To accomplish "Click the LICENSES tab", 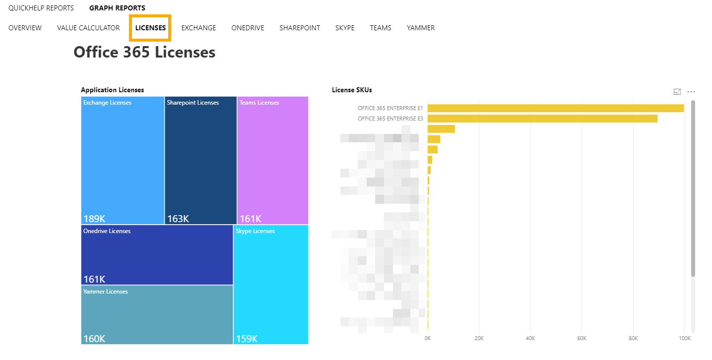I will coord(150,28).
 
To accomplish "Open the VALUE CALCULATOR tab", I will coord(88,28).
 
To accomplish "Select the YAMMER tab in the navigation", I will coord(420,28).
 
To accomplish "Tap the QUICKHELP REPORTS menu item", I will coord(41,8).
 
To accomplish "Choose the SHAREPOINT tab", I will coord(299,28).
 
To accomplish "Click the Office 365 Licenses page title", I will coord(144,52).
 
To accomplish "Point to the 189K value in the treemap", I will coord(94,219).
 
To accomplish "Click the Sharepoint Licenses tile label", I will coord(193,103).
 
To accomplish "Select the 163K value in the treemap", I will coord(178,219).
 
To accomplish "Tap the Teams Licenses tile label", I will coord(259,103).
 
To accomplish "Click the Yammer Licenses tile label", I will coord(106,292).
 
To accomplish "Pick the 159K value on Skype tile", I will coord(247,339).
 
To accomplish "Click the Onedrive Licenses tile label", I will coord(107,231).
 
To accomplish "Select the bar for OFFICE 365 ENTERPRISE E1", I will coord(555,108).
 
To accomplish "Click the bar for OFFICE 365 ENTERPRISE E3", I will coord(542,119).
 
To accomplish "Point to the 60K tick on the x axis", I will coord(582,338).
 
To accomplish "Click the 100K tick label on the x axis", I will coord(684,338).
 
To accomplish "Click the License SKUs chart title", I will coord(352,90).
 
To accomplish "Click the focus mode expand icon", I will coord(677,92).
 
